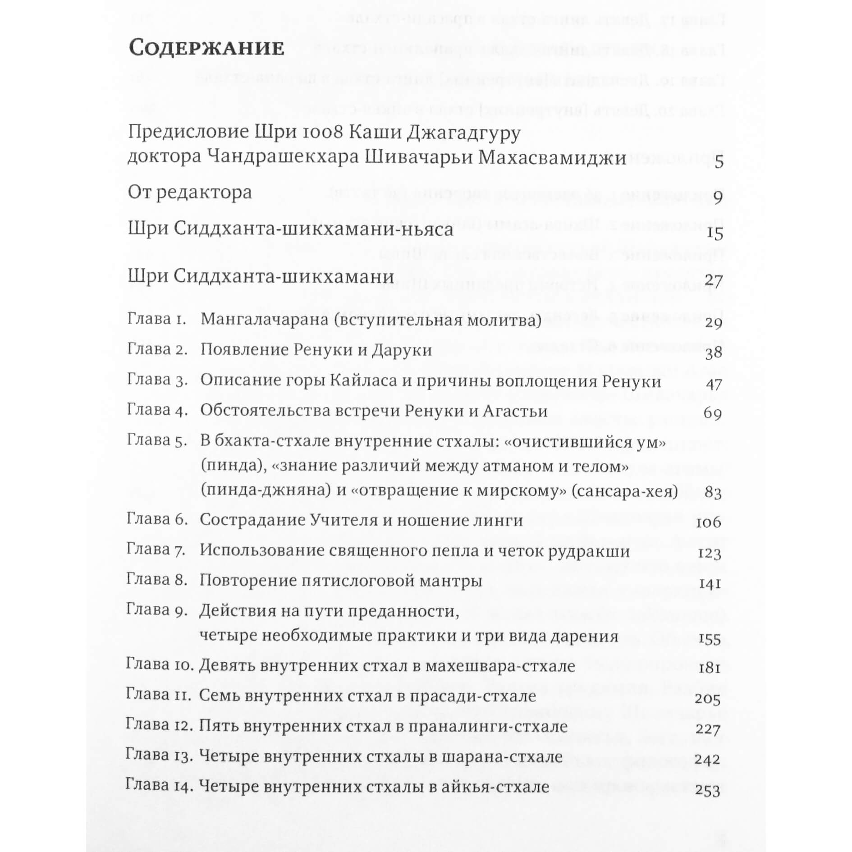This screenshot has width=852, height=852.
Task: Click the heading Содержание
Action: [206, 48]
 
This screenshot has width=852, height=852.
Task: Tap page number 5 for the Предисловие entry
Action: [719, 161]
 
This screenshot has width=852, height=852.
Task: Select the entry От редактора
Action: [190, 192]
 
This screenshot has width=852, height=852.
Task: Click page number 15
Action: [714, 233]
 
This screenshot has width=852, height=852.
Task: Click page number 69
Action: [712, 413]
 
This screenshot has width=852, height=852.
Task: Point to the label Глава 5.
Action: [157, 440]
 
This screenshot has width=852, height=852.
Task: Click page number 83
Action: [713, 492]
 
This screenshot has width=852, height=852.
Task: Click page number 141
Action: [710, 584]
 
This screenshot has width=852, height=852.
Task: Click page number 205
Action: [708, 699]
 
